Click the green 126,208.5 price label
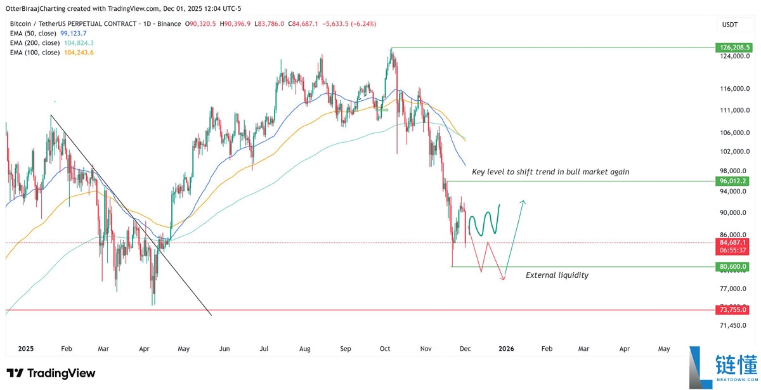coord(733,48)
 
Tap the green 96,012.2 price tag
coord(733,181)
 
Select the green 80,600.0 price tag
coord(733,267)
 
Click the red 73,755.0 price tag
coord(733,310)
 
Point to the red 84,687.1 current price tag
coord(733,242)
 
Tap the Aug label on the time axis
coord(305,349)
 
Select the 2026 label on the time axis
coord(506,349)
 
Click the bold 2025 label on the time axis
coord(26,349)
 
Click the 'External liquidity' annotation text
coord(557,275)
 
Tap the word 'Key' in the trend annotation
coord(479,172)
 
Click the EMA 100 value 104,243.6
coord(79,52)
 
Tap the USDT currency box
coord(731,24)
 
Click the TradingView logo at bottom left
coord(51,374)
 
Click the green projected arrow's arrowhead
coord(523,202)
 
